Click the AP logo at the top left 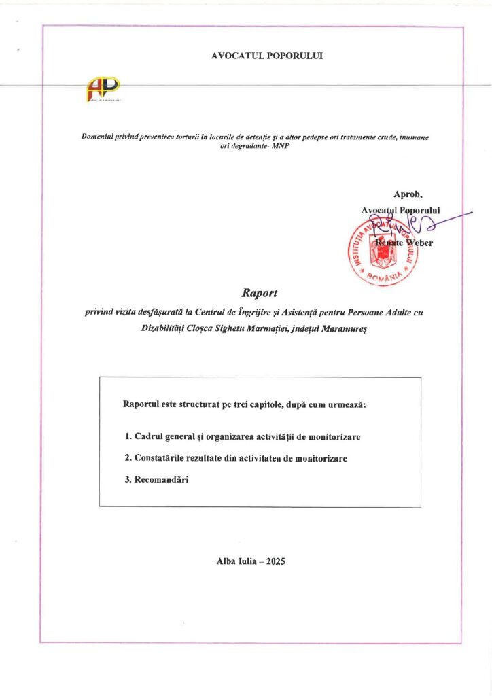coord(103,88)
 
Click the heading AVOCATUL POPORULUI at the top coord(267,56)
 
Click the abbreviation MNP coord(280,147)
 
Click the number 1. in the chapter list coord(128,436)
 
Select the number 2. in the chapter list coord(128,458)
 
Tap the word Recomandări coord(161,480)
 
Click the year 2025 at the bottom coord(276,561)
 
